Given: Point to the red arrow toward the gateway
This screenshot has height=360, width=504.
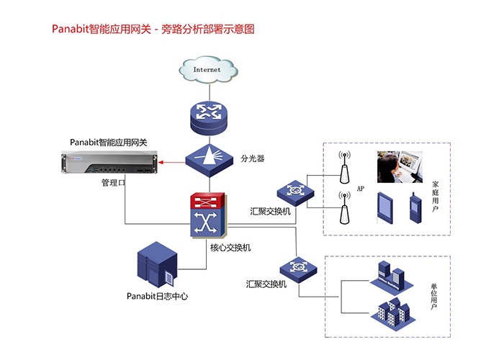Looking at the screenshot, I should (172, 163).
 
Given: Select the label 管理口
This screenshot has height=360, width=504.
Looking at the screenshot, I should (114, 184).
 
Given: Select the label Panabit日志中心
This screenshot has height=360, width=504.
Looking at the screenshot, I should (157, 296).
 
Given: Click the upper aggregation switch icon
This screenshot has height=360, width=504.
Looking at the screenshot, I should (294, 191).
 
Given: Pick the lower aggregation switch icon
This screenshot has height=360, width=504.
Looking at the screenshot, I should (298, 267).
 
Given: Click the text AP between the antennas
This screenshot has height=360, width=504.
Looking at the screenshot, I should (361, 189).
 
